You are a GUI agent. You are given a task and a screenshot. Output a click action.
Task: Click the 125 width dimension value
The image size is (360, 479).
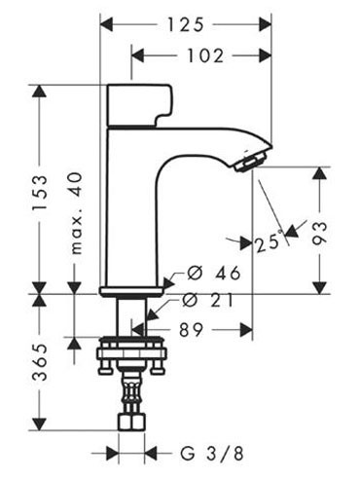point(186,18)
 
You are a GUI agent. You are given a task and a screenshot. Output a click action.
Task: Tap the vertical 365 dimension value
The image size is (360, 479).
point(40,365)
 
